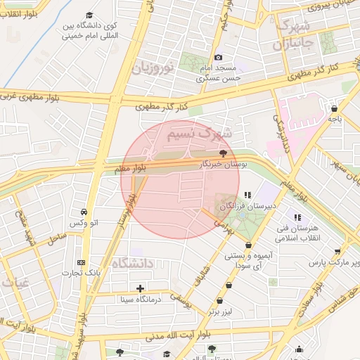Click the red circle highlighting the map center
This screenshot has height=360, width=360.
point(180,180)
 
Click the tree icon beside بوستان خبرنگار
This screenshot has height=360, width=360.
point(223,152)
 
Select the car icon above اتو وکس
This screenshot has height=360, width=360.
point(84,212)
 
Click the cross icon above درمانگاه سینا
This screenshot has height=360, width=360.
point(140,288)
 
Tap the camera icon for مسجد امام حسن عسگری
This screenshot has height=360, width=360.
point(218,57)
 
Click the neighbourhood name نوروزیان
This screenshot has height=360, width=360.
point(151,68)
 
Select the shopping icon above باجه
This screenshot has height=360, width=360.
point(333,108)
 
